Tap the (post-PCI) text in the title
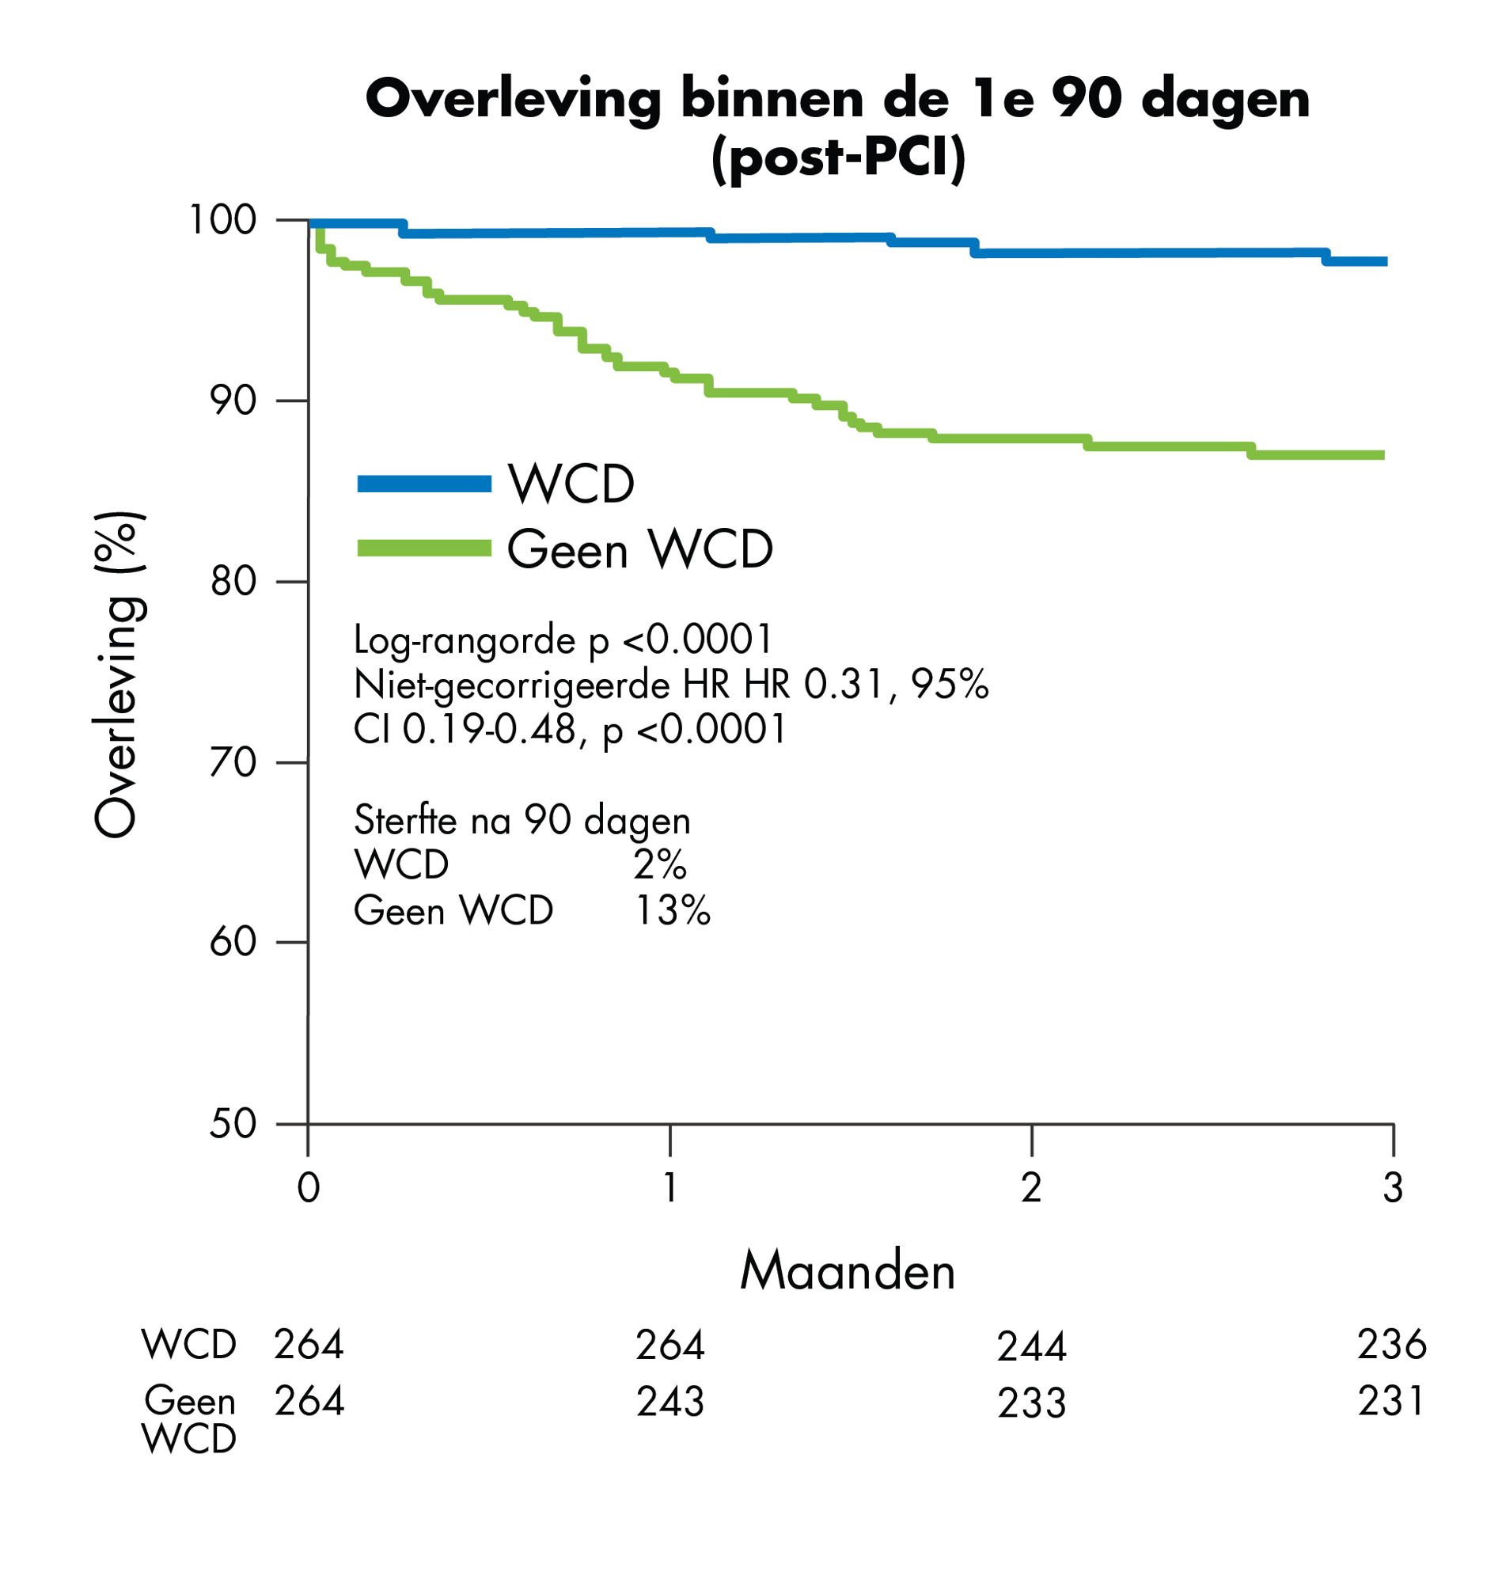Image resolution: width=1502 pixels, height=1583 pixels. (837, 158)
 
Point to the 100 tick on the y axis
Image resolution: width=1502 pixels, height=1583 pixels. (222, 220)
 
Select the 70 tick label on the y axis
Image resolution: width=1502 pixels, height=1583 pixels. (233, 763)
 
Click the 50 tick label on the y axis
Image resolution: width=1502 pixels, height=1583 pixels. (233, 1124)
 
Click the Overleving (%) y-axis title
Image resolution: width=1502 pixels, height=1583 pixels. (120, 674)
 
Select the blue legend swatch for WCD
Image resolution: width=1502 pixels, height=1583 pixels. (423, 484)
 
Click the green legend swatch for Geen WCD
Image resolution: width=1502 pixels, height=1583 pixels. (423, 549)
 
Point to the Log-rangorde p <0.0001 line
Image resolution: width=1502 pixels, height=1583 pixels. (563, 640)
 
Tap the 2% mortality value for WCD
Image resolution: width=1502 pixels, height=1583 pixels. (660, 865)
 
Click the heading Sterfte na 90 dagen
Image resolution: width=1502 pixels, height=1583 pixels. (522, 820)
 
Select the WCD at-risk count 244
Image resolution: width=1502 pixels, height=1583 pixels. (1031, 1347)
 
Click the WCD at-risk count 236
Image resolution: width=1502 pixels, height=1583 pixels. (1391, 1346)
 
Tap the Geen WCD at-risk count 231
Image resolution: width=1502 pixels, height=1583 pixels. (1391, 1401)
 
